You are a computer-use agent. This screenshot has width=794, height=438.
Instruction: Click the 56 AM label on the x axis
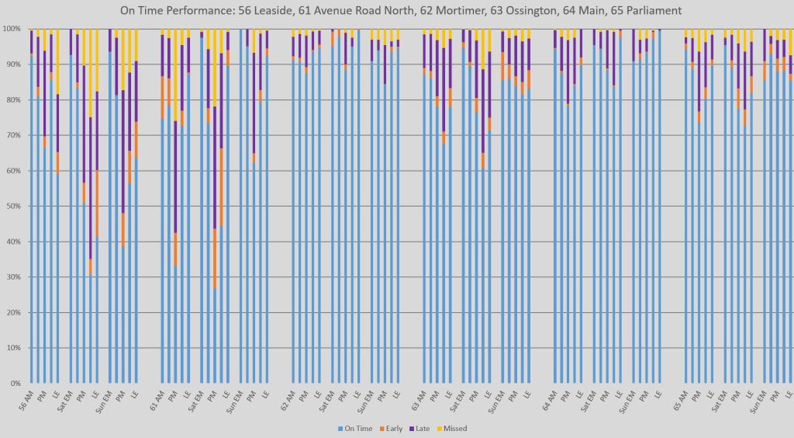pyautogui.click(x=26, y=398)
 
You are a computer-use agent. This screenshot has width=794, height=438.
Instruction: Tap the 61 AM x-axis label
pyautogui.click(x=157, y=398)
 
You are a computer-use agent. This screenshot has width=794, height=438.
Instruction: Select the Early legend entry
pyautogui.click(x=393, y=428)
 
